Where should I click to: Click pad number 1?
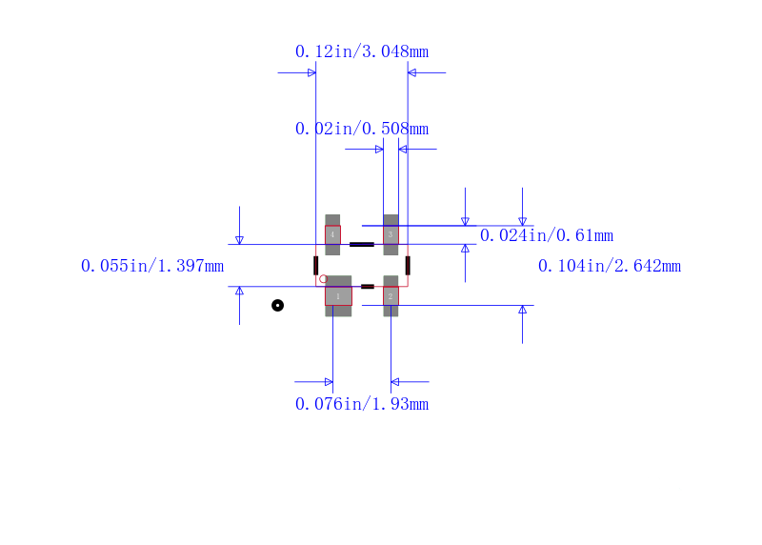338,296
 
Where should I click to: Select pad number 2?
391,296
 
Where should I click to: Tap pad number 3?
391,234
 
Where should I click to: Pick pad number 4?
332,234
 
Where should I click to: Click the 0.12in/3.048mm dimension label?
362,51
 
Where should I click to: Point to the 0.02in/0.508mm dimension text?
362,129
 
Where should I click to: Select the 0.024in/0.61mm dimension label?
547,235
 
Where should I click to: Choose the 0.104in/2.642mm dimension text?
610,266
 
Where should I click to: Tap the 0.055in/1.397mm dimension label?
152,266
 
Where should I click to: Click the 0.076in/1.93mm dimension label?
362,404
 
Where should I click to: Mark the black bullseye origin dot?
277,305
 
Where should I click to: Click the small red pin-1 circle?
323,279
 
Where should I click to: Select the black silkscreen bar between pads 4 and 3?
362,245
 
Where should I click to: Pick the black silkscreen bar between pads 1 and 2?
368,287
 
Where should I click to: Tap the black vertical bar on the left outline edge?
316,266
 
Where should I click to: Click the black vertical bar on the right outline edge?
408,266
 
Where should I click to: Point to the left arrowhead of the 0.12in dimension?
312,73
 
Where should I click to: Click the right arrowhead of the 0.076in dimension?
394,382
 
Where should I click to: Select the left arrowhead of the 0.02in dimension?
379,150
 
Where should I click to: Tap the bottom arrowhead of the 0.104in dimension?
522,310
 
